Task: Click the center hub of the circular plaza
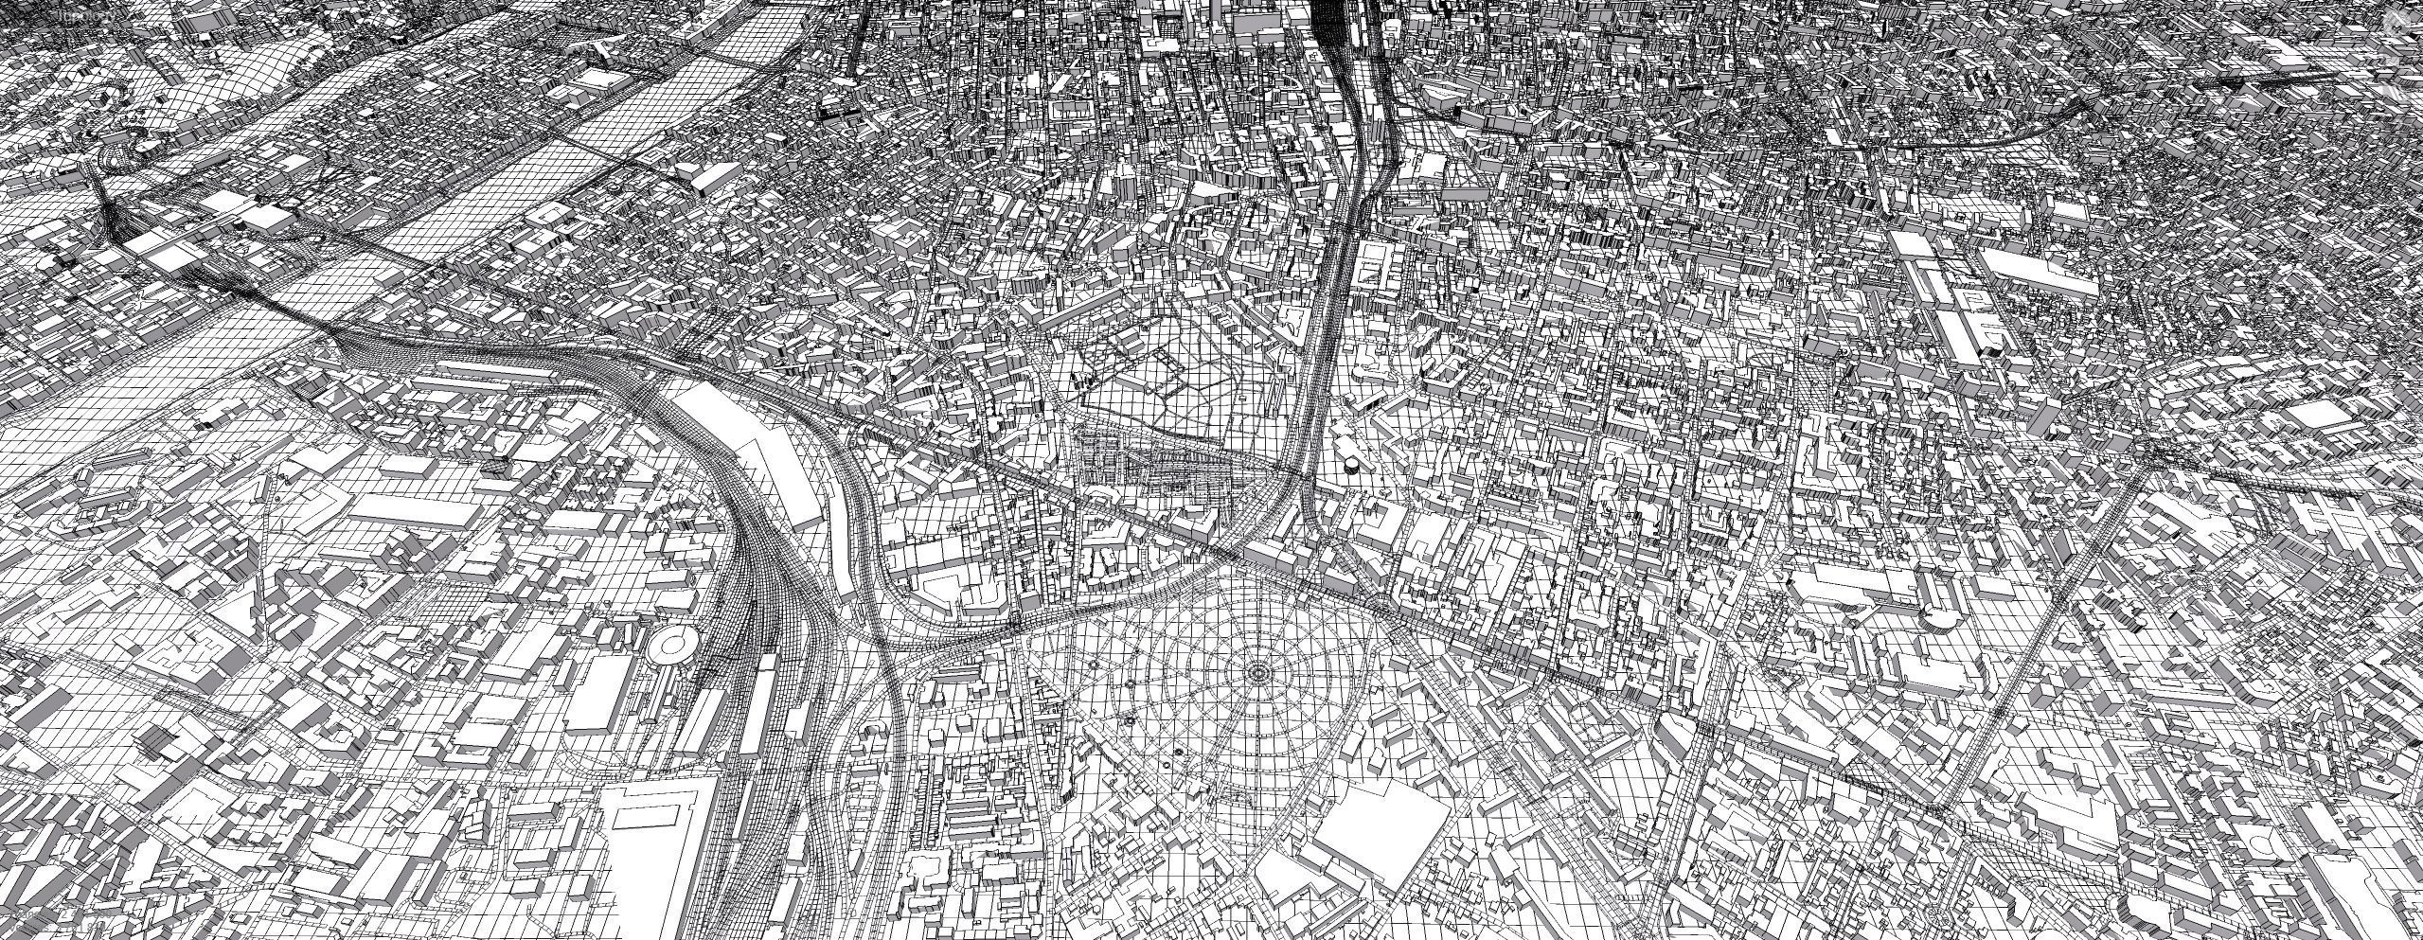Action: point(1257,672)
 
